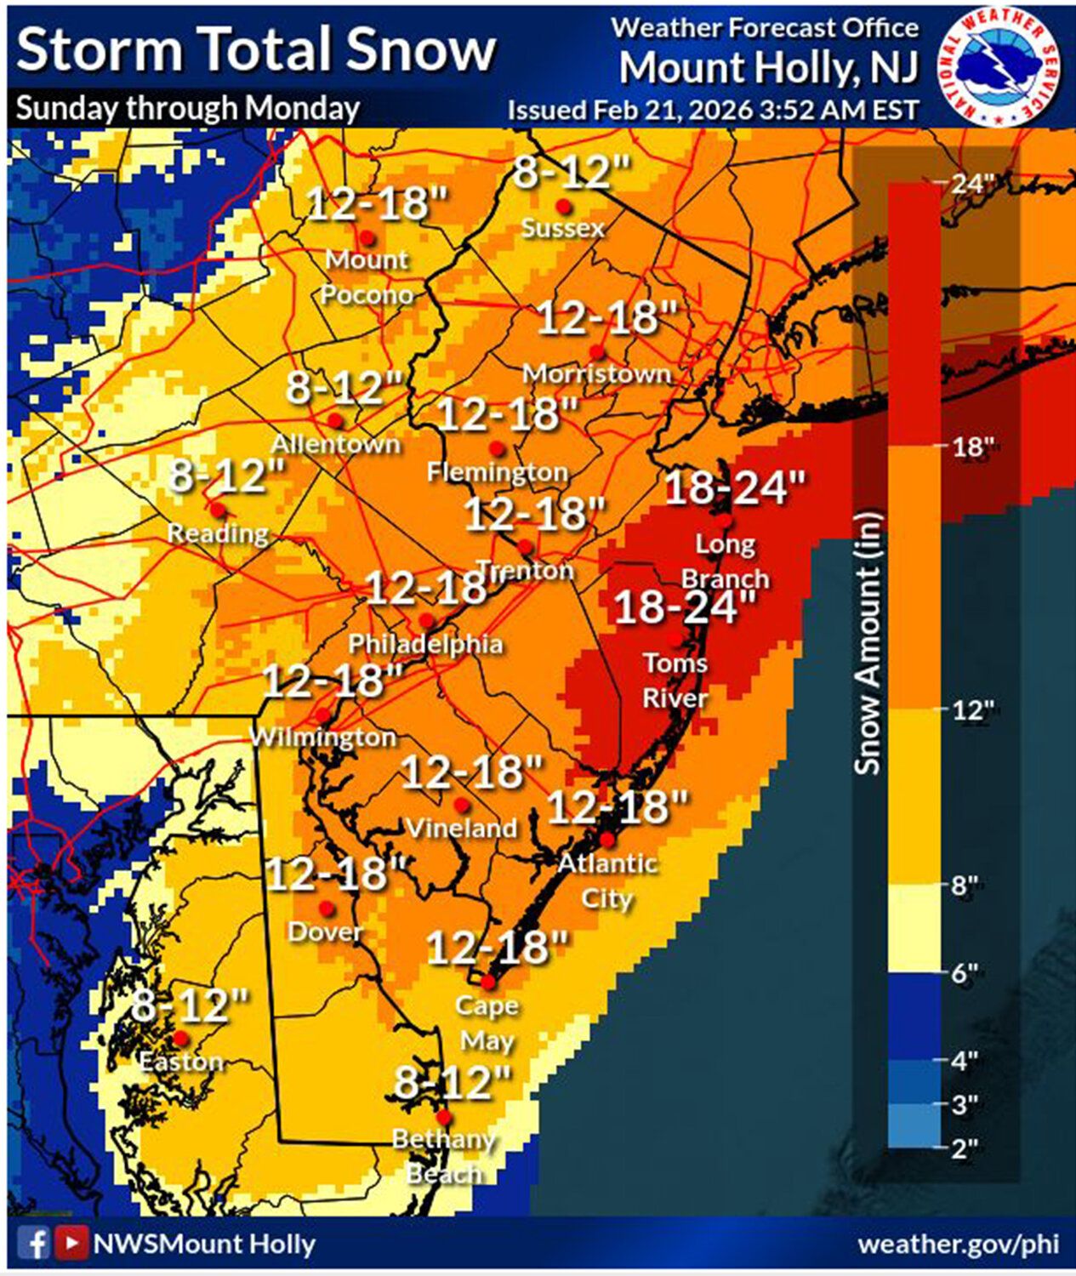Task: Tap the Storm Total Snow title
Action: pos(255,49)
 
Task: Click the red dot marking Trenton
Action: pos(525,547)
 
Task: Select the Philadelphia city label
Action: pos(425,644)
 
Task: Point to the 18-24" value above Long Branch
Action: pos(734,487)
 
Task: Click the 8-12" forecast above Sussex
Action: pos(572,173)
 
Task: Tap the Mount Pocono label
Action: pos(367,276)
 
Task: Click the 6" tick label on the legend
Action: pos(964,972)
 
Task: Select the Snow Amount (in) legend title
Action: pos(867,642)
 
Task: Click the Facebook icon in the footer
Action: pos(34,1244)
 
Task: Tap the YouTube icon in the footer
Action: pos(71,1244)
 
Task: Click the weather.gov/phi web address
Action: pos(958,1244)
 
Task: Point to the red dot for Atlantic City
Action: pos(607,840)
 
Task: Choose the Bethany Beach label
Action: pos(443,1156)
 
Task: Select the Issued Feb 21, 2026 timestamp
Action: pos(713,111)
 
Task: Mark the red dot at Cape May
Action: pos(488,983)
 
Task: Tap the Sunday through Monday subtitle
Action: pos(188,108)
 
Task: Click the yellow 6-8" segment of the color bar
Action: pos(914,927)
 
